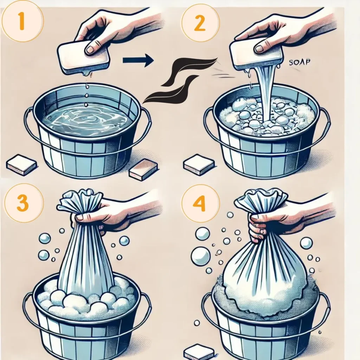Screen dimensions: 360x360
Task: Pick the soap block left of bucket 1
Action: point(21,165)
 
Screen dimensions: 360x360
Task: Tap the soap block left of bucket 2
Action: point(199,164)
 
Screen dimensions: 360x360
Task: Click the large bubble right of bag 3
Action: point(124,240)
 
